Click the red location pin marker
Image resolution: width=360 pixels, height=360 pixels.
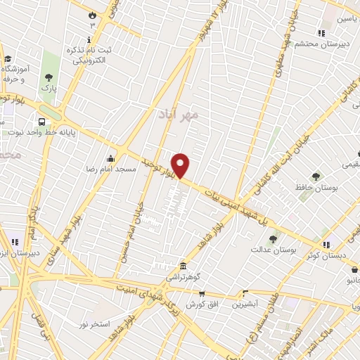click(181, 165)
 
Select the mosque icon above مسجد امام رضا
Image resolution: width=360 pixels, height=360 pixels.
click(110, 158)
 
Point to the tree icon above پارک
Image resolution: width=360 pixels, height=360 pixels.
click(49, 77)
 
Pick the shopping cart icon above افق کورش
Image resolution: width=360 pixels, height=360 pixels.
click(202, 294)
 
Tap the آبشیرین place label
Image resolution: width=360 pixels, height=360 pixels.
click(246, 304)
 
